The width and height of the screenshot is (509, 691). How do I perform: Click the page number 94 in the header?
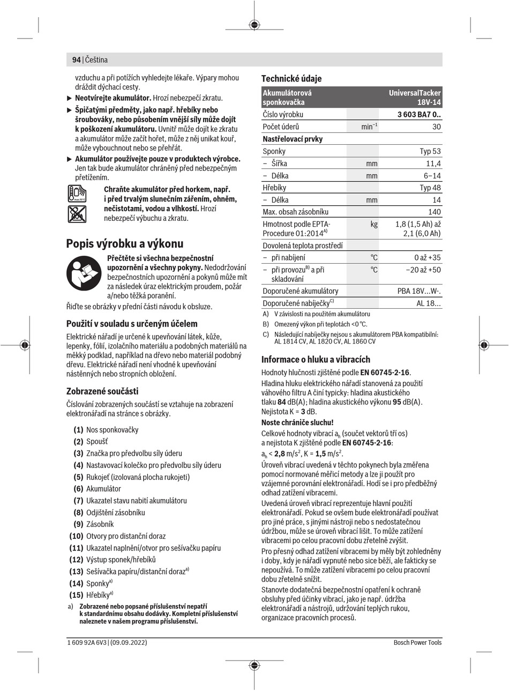click(76, 60)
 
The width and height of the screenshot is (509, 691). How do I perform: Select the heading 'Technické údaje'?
click(291, 79)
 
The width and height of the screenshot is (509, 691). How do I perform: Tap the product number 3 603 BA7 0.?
click(418, 115)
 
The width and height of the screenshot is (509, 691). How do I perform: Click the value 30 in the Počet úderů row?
click(436, 127)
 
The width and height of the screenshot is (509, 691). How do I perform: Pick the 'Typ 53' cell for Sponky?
click(430, 151)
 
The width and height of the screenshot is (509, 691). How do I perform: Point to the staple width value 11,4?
click(433, 164)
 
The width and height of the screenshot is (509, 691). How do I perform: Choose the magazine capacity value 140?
click(434, 212)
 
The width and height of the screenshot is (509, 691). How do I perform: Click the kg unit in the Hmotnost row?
click(373, 224)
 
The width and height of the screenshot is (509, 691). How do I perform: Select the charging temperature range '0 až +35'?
click(427, 257)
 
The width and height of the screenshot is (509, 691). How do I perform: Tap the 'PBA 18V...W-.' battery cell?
click(419, 291)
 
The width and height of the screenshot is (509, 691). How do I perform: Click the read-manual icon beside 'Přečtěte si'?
click(84, 273)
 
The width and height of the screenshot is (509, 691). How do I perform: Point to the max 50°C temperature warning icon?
click(77, 194)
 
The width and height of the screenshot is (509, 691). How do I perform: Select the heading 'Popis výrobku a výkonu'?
click(124, 244)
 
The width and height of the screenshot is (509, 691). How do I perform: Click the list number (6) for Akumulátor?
click(78, 489)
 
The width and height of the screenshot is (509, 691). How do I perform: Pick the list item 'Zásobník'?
click(100, 524)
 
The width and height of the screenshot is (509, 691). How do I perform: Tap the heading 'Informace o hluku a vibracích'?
click(316, 360)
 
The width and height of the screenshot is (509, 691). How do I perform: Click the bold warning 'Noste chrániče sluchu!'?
click(297, 422)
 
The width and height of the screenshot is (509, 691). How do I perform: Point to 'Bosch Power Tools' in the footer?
click(417, 642)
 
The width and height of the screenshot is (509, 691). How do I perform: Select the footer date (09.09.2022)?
click(129, 642)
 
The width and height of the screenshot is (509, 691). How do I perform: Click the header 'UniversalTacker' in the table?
click(415, 93)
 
